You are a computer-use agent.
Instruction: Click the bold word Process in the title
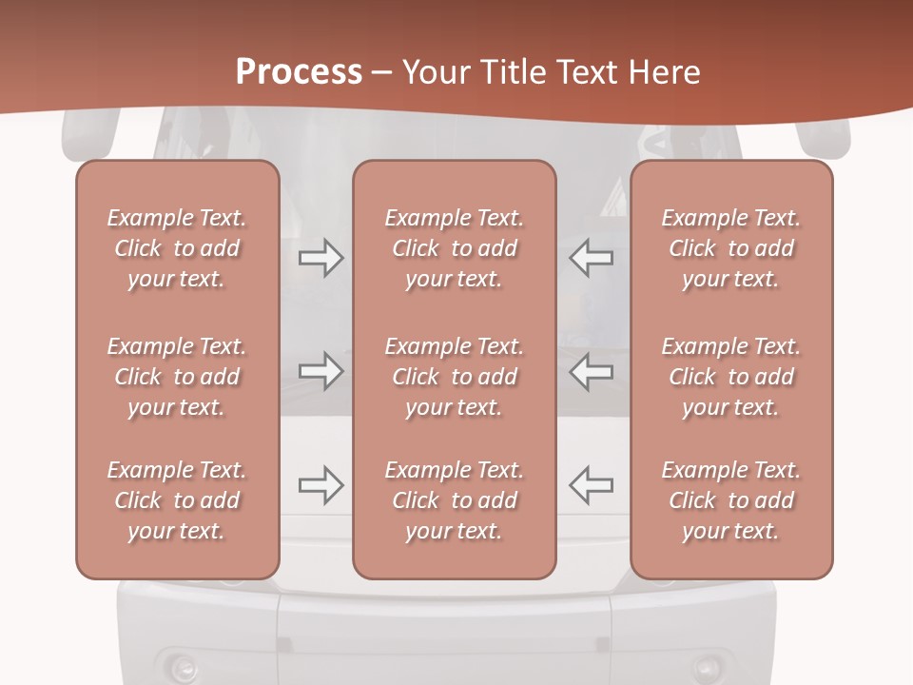(299, 72)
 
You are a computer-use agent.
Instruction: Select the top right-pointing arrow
(321, 258)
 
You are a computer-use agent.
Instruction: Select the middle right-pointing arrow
(321, 371)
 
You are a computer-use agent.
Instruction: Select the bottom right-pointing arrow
(321, 485)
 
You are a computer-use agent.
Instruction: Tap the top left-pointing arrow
(591, 258)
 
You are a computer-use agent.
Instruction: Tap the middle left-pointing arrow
(591, 371)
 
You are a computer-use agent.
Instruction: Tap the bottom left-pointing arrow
(591, 485)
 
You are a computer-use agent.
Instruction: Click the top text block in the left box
(177, 248)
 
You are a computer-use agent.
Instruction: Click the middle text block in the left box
(177, 377)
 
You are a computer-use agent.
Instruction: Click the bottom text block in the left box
(177, 500)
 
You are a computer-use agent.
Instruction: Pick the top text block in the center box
(454, 248)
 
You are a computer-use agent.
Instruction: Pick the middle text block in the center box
(454, 377)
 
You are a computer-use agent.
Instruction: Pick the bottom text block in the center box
(454, 500)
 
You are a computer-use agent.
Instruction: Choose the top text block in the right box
(730, 248)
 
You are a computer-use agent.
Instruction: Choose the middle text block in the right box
(730, 377)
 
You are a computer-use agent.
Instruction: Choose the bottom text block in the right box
(730, 500)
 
